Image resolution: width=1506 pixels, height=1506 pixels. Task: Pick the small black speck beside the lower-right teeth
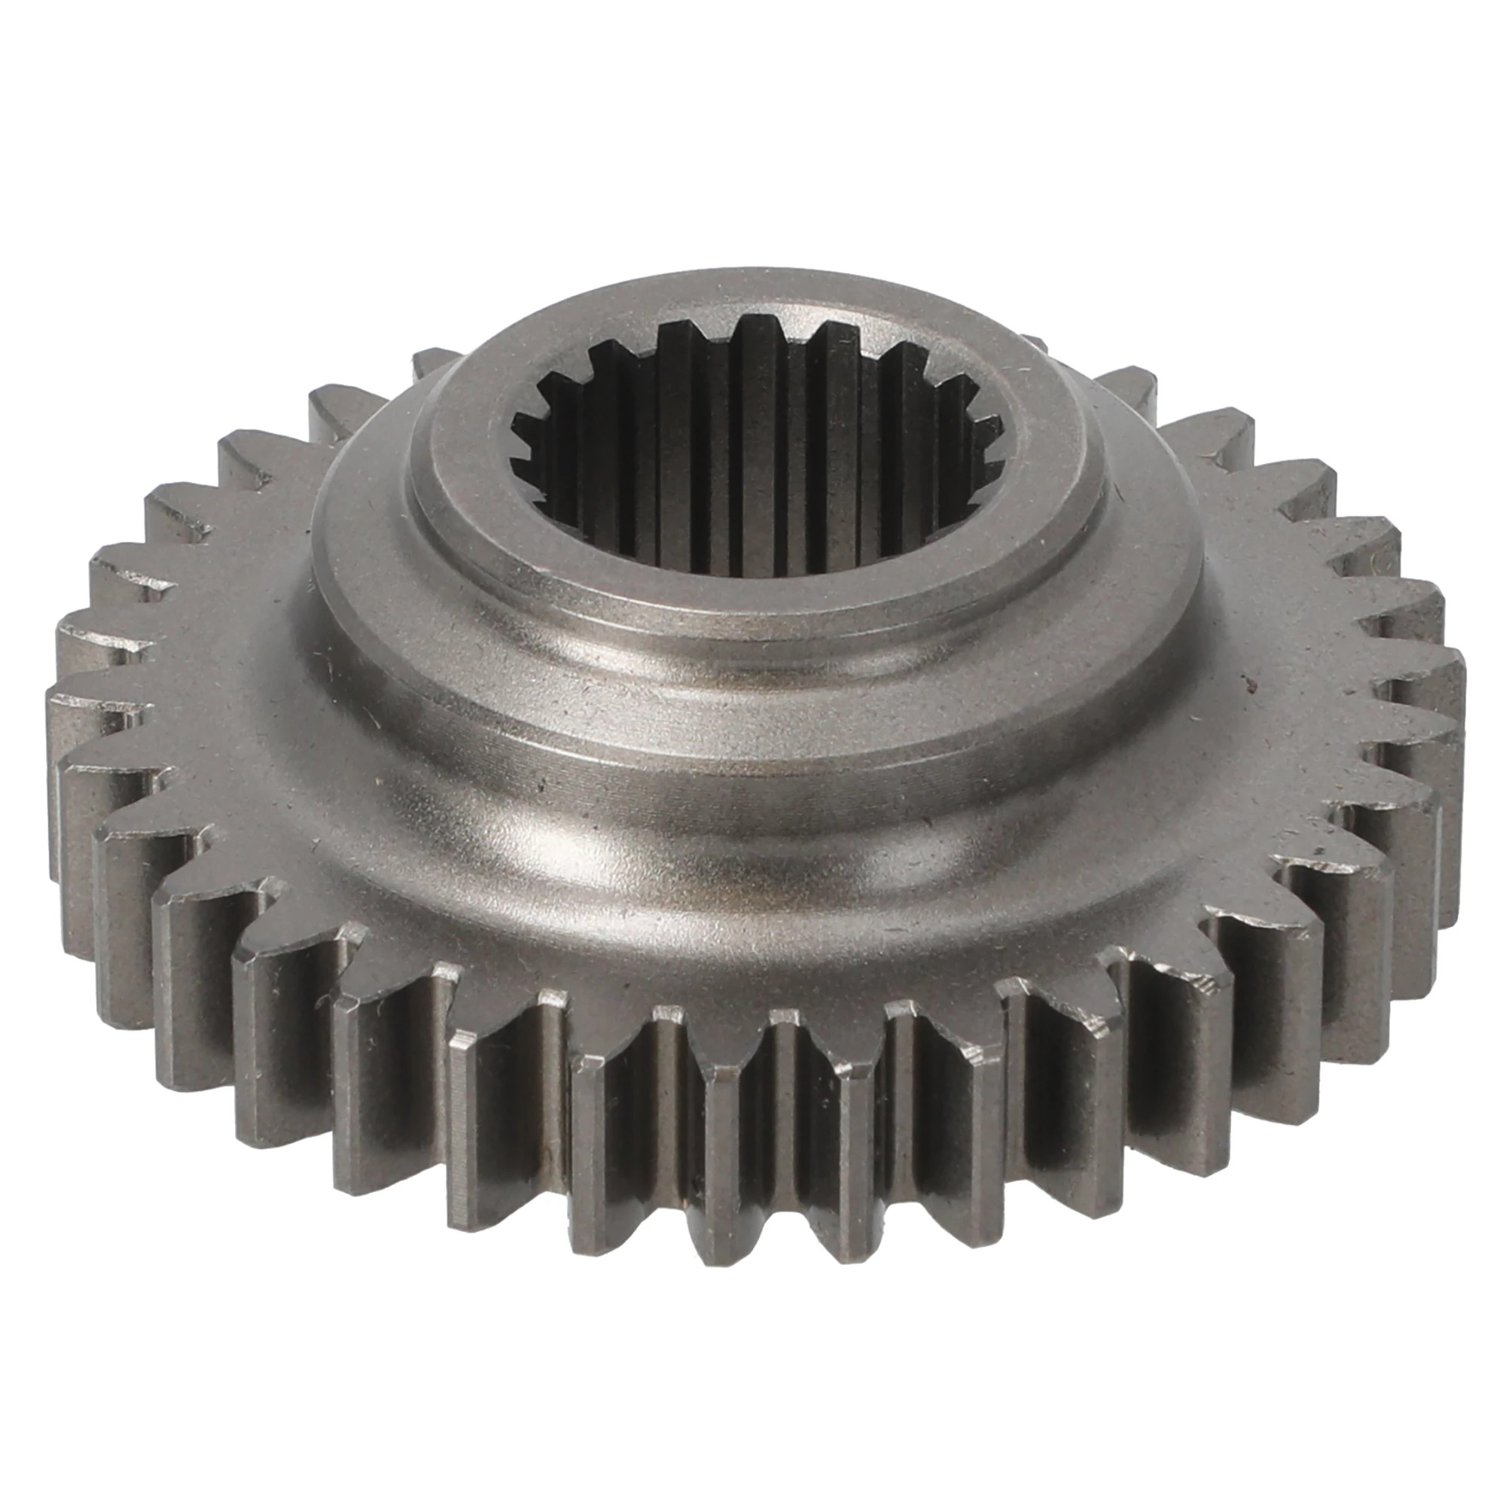click(x=1319, y=851)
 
